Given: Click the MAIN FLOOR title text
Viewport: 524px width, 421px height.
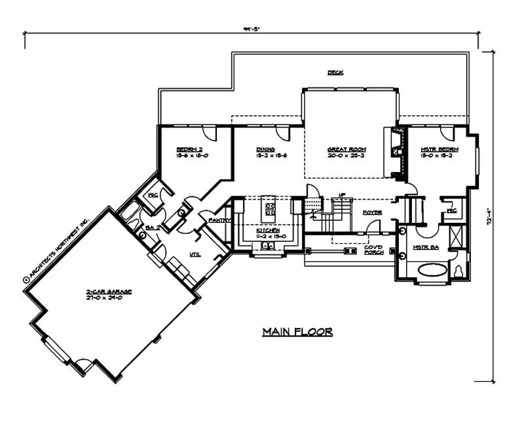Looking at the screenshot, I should pyautogui.click(x=297, y=332).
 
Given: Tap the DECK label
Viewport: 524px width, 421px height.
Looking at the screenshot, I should pyautogui.click(x=336, y=73).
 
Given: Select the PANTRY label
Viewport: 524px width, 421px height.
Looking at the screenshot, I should pyautogui.click(x=217, y=221).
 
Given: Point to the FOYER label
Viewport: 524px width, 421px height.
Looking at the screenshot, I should pyautogui.click(x=373, y=212).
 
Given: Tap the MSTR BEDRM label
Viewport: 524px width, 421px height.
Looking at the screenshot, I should pyautogui.click(x=439, y=150).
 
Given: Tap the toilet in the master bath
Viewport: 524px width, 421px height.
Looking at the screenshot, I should pyautogui.click(x=458, y=270).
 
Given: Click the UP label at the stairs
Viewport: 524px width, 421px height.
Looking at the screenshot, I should pyautogui.click(x=341, y=194).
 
